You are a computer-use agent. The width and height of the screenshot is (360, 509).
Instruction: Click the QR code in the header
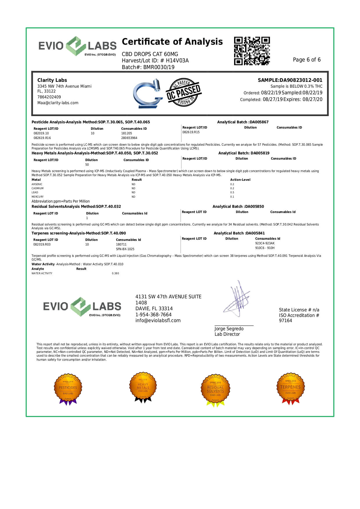pos(252,51)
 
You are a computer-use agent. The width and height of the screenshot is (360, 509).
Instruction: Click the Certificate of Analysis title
pos(172,42)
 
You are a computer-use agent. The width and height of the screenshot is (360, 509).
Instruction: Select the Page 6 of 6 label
pos(307,60)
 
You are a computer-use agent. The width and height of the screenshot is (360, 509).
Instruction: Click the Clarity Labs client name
pos(52,80)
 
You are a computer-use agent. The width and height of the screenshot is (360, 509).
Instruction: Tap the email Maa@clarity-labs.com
pos(58,103)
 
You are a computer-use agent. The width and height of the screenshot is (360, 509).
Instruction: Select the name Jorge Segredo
pos(229,329)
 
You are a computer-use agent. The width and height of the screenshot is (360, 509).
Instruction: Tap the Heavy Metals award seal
pos(143,387)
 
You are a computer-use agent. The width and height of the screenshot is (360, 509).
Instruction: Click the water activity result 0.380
pos(115,273)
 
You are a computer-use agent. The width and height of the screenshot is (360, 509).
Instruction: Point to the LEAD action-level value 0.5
pos(232,192)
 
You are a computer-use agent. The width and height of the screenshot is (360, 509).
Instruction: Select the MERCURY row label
pos(37,197)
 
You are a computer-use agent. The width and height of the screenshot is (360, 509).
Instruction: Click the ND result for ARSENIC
pos(133,184)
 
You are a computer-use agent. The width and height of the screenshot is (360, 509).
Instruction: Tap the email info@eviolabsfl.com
pos(158,321)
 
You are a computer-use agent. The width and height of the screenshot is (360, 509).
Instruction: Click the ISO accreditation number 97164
pos(285,321)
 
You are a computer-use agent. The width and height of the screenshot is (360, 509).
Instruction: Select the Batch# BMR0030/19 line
pos(148,67)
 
